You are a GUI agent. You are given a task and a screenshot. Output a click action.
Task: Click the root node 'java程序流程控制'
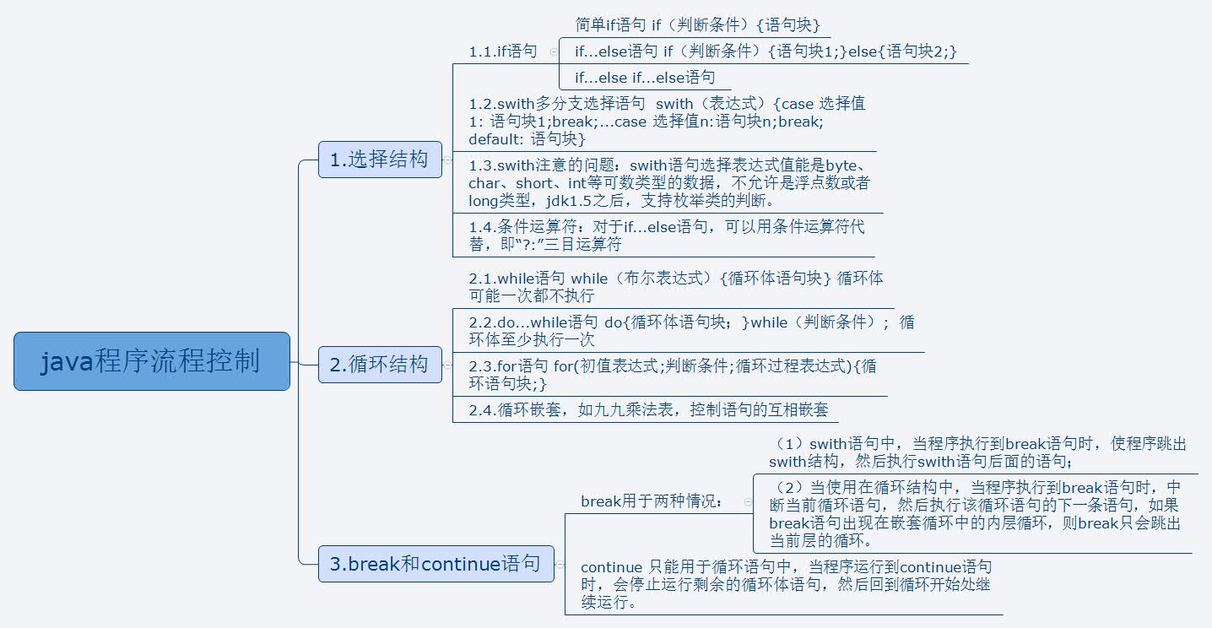pyautogui.click(x=152, y=361)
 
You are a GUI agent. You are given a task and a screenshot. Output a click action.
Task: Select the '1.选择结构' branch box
pyautogui.click(x=381, y=160)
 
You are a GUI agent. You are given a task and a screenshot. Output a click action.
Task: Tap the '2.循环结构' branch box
pyautogui.click(x=381, y=365)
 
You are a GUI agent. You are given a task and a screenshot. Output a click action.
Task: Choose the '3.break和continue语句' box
pyautogui.click(x=436, y=564)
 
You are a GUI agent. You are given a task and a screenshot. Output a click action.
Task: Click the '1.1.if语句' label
pyautogui.click(x=503, y=51)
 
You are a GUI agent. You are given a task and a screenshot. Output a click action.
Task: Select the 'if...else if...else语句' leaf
pyautogui.click(x=645, y=78)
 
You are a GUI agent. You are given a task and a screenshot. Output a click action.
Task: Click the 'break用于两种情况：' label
pyautogui.click(x=652, y=501)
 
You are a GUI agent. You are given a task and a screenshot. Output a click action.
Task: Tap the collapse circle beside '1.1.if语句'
pyautogui.click(x=554, y=52)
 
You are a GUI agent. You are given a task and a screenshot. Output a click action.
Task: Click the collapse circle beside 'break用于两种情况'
pyautogui.click(x=748, y=502)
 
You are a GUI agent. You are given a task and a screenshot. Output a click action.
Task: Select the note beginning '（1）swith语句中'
pyautogui.click(x=977, y=452)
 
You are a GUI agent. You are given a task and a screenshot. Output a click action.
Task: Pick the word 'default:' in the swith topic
pyautogui.click(x=496, y=139)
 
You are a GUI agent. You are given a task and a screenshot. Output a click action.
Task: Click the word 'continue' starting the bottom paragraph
pyautogui.click(x=611, y=567)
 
